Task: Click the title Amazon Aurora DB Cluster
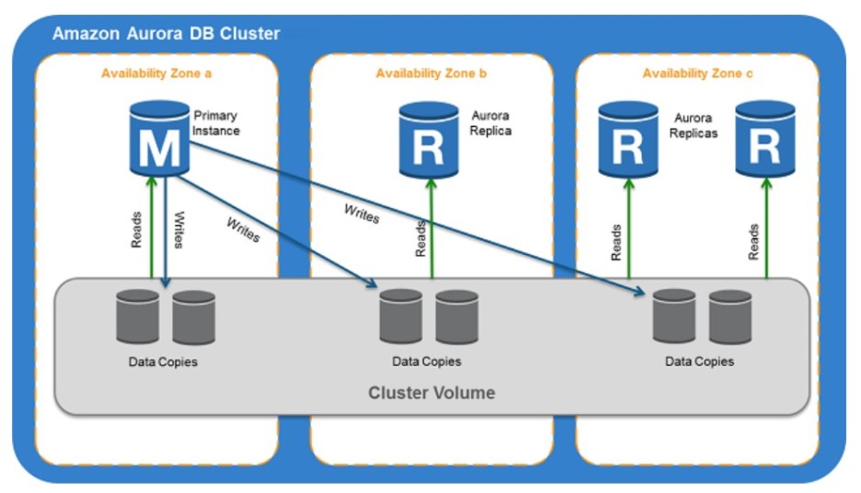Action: point(166,34)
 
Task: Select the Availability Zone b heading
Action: point(431,73)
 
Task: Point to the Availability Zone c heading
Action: point(698,73)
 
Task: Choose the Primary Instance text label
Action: point(215,123)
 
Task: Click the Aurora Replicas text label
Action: point(695,126)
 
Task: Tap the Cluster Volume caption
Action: point(431,393)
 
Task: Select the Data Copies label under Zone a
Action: point(163,361)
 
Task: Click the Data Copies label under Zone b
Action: point(427,361)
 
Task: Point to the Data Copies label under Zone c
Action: point(700,361)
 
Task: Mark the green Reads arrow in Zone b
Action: point(431,230)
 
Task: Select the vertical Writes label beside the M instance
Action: point(178,231)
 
